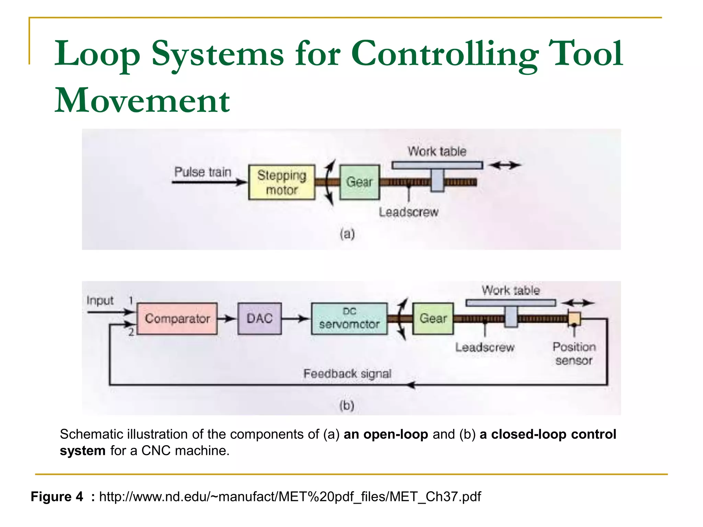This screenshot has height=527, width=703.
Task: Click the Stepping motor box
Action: point(281,182)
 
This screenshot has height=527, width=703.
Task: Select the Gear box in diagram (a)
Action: point(359,182)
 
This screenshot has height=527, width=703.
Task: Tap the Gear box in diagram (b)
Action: point(433,318)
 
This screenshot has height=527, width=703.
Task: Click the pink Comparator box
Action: point(177,318)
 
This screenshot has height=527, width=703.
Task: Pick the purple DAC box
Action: point(260,318)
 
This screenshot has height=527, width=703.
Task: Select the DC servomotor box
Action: point(349,318)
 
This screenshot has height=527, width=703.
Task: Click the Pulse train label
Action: point(203,172)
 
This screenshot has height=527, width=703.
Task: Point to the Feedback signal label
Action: point(347,373)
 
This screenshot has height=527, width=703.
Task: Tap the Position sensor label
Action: point(574,354)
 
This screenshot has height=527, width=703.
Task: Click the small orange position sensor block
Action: point(574,318)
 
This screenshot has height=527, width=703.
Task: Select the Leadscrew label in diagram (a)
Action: point(408,212)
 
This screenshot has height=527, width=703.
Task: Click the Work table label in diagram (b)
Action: point(510,290)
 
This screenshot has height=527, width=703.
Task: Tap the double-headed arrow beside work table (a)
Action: point(505,165)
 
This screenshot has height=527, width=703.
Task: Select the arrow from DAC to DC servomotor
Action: point(296,319)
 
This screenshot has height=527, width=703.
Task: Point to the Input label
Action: point(100,301)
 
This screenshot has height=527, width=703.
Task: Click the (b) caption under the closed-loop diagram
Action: point(347,406)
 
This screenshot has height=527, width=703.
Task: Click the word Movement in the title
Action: point(142,101)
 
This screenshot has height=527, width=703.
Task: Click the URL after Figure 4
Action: point(290,496)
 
